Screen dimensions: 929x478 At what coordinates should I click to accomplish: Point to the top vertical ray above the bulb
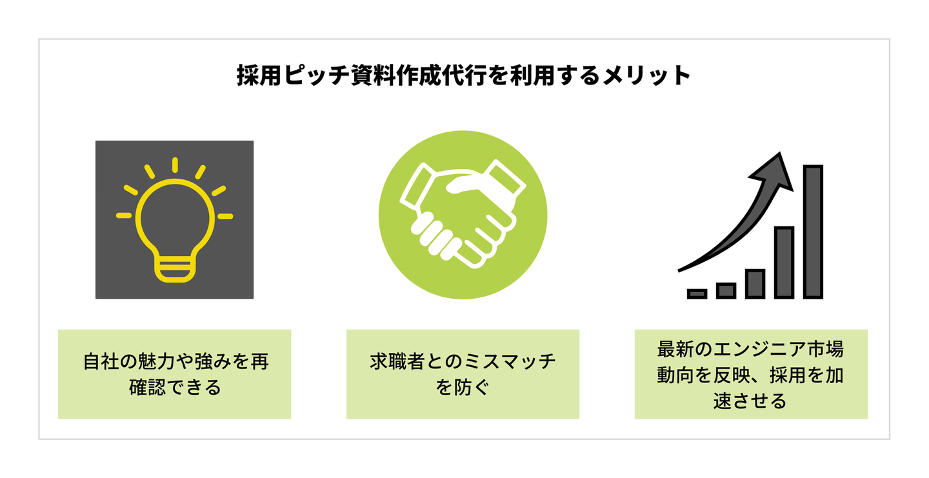tap(174, 164)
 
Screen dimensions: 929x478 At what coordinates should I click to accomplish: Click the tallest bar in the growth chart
tap(813, 232)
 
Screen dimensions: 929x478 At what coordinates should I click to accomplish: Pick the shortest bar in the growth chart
tap(697, 294)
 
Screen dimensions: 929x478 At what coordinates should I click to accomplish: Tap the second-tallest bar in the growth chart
tap(784, 262)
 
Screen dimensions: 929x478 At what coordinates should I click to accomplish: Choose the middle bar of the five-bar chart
tap(755, 284)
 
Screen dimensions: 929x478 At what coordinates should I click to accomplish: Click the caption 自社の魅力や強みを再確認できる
tap(174, 374)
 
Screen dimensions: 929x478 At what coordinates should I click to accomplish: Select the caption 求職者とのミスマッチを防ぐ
tap(463, 374)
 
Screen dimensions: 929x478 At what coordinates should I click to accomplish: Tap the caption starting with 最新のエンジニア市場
tap(750, 375)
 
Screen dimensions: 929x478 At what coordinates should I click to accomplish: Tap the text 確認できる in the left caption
tap(175, 388)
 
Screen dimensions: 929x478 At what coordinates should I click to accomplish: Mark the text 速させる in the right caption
tap(750, 401)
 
